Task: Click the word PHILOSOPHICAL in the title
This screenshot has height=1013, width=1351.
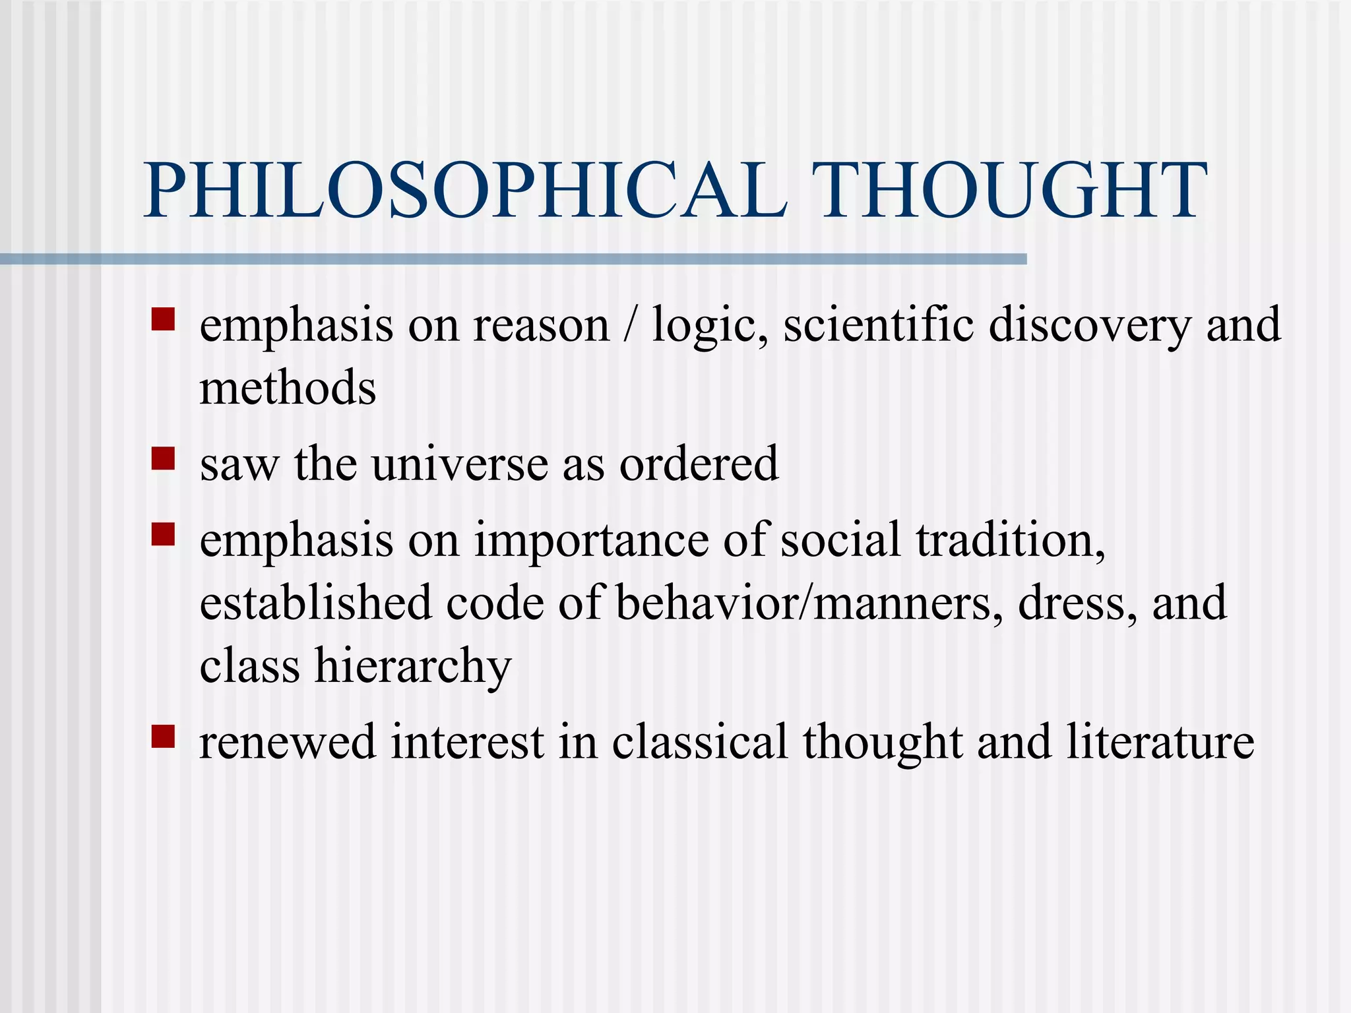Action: tap(465, 191)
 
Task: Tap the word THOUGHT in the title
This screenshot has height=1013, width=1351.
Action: tap(1009, 191)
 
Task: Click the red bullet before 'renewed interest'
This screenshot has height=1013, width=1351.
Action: tap(163, 736)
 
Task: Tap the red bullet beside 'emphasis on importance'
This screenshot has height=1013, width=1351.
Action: tap(163, 534)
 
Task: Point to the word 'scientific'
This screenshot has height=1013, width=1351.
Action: tap(878, 324)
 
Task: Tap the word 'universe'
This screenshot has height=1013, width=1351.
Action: tap(460, 464)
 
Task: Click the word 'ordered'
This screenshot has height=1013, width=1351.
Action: tap(699, 464)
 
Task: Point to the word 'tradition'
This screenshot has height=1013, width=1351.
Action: tap(1009, 539)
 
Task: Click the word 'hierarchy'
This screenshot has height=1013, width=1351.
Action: tap(413, 666)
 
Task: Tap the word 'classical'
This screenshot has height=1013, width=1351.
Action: tap(699, 742)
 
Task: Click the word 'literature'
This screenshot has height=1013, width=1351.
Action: tap(1160, 742)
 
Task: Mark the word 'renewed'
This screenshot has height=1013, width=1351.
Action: tap(287, 742)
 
